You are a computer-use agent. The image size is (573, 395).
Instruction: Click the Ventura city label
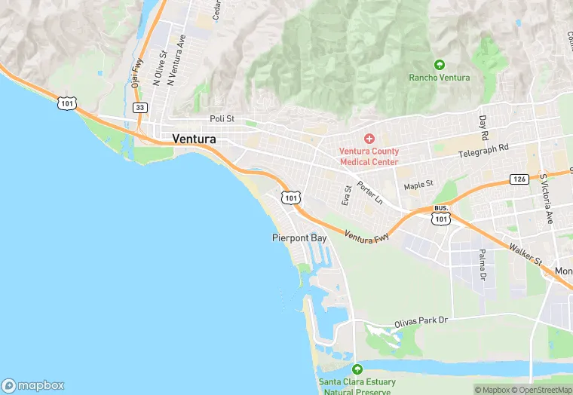coord(194,139)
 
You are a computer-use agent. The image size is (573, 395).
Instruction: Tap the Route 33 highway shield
coord(139,108)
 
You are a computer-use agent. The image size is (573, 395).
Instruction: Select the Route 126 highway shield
coord(518,179)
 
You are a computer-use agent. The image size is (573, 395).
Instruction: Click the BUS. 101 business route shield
coord(442,214)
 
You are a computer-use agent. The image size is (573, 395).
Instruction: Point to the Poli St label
coord(222,118)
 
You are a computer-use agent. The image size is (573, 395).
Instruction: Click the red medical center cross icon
coord(369,139)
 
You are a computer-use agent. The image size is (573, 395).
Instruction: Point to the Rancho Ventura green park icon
coord(440,65)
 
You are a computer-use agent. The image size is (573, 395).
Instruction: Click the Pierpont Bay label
coord(299,237)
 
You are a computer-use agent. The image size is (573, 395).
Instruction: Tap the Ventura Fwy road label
coord(367,237)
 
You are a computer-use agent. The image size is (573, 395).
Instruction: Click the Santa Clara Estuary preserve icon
coord(357,369)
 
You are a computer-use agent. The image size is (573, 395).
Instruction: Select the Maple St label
coord(418,184)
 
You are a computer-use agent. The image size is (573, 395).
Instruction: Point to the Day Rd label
coord(484,128)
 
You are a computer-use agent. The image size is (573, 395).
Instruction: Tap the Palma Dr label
coord(482,265)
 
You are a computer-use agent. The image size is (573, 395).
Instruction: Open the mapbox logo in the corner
coord(33,385)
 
